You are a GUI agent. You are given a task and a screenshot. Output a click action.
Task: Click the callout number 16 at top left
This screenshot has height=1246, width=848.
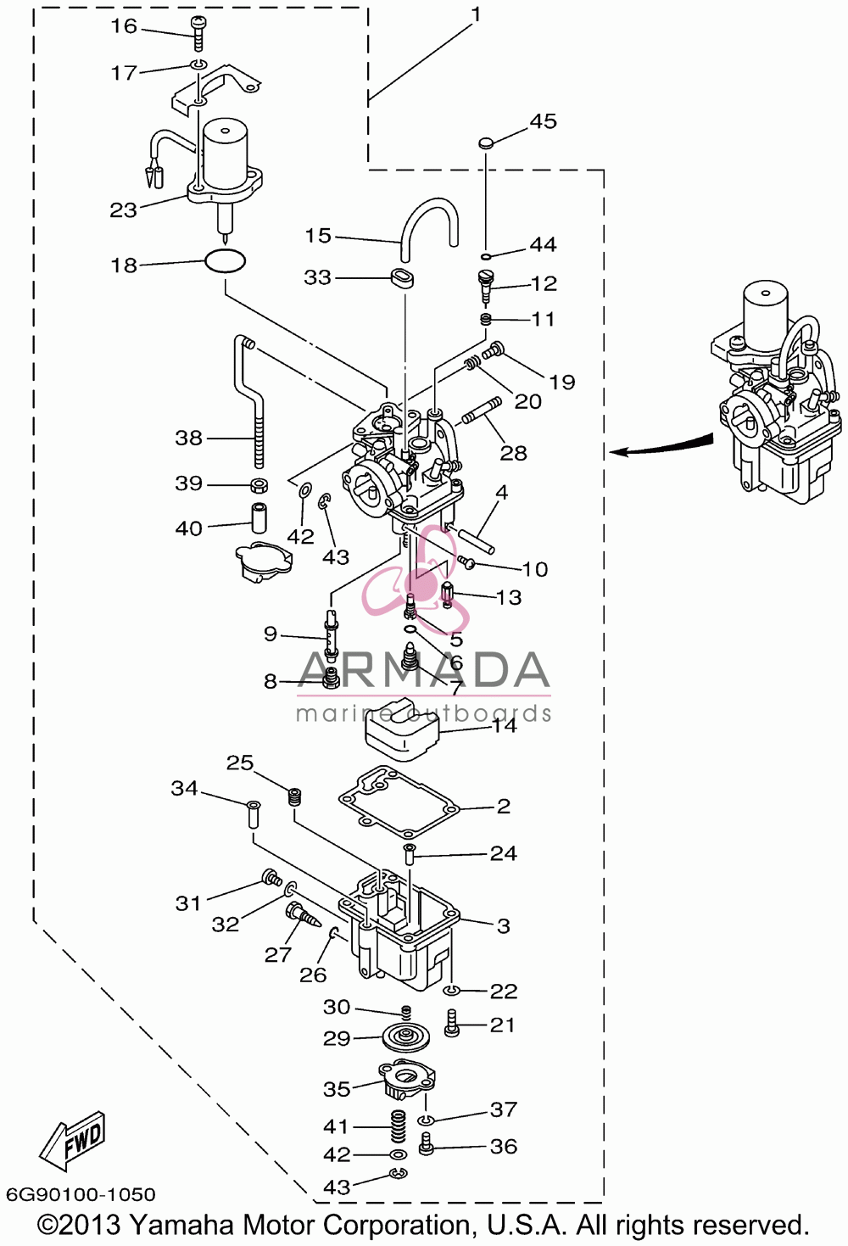(124, 25)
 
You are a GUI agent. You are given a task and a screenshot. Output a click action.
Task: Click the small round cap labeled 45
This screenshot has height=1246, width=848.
(486, 143)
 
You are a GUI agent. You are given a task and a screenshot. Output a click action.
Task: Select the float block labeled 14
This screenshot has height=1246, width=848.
(402, 729)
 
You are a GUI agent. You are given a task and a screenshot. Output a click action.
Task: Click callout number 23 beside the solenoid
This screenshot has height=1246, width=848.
(123, 210)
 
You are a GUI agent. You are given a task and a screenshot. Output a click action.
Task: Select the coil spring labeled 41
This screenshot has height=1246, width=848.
(399, 1126)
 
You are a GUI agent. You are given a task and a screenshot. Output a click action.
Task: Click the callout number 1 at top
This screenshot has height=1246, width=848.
(476, 14)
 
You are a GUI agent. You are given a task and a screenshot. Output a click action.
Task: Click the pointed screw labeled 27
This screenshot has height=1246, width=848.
(303, 915)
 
